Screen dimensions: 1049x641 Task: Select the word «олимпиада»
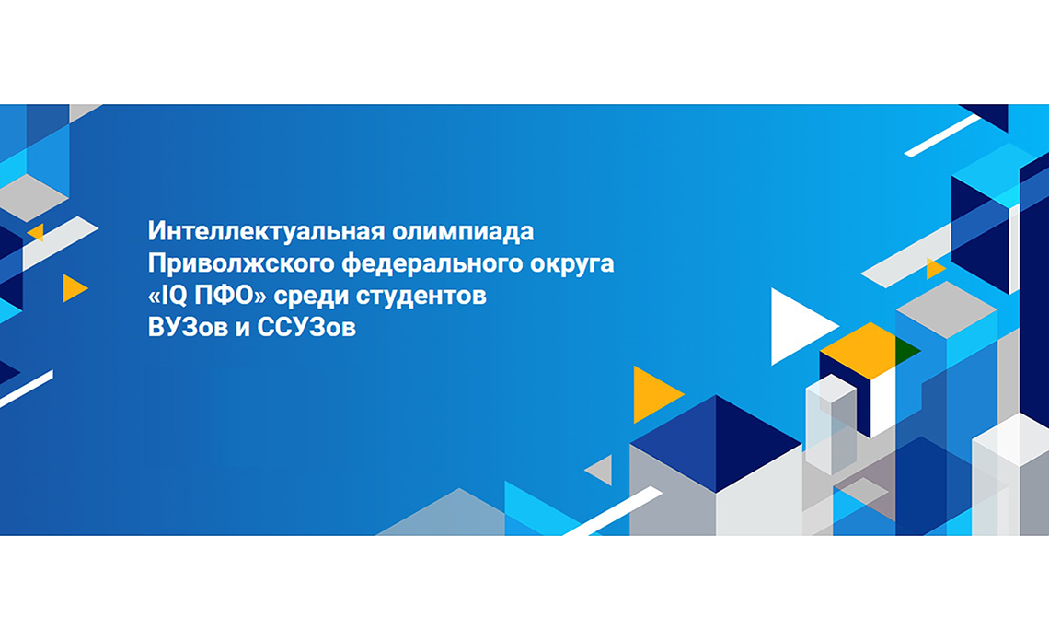[x=463, y=232]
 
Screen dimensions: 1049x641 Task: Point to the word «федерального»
[x=432, y=264]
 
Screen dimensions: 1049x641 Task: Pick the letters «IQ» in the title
[x=174, y=296]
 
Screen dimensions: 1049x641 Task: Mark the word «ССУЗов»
[x=306, y=328]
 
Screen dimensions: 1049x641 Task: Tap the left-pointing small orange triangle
[x=37, y=232]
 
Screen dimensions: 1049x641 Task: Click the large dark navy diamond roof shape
[x=716, y=443]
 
